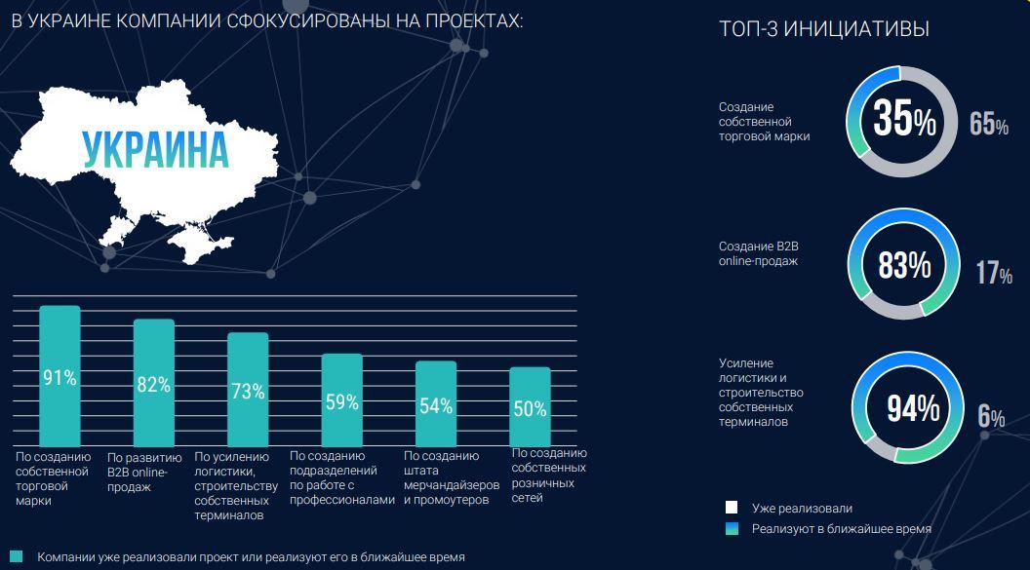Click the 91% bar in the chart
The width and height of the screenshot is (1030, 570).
(x=59, y=376)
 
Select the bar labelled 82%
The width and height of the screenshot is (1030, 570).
(x=153, y=383)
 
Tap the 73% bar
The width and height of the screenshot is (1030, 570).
(x=248, y=390)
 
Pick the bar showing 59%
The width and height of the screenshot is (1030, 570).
(x=341, y=399)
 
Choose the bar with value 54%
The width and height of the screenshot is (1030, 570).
(x=436, y=404)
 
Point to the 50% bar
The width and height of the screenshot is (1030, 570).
(x=530, y=407)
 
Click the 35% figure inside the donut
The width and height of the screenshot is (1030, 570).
(x=903, y=120)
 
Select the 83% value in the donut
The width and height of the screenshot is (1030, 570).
(x=903, y=265)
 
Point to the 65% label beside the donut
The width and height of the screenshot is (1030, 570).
(x=988, y=125)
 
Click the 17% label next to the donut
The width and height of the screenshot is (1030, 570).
(x=993, y=274)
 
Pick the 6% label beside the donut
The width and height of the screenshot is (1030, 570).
(x=991, y=417)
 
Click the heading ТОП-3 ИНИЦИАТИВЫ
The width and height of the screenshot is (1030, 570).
(x=823, y=30)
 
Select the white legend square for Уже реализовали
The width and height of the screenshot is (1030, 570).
(x=731, y=508)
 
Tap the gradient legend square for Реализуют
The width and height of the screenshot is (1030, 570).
(x=731, y=528)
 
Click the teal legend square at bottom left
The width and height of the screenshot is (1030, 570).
(x=15, y=556)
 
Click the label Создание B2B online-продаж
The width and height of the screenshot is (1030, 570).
(x=758, y=253)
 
